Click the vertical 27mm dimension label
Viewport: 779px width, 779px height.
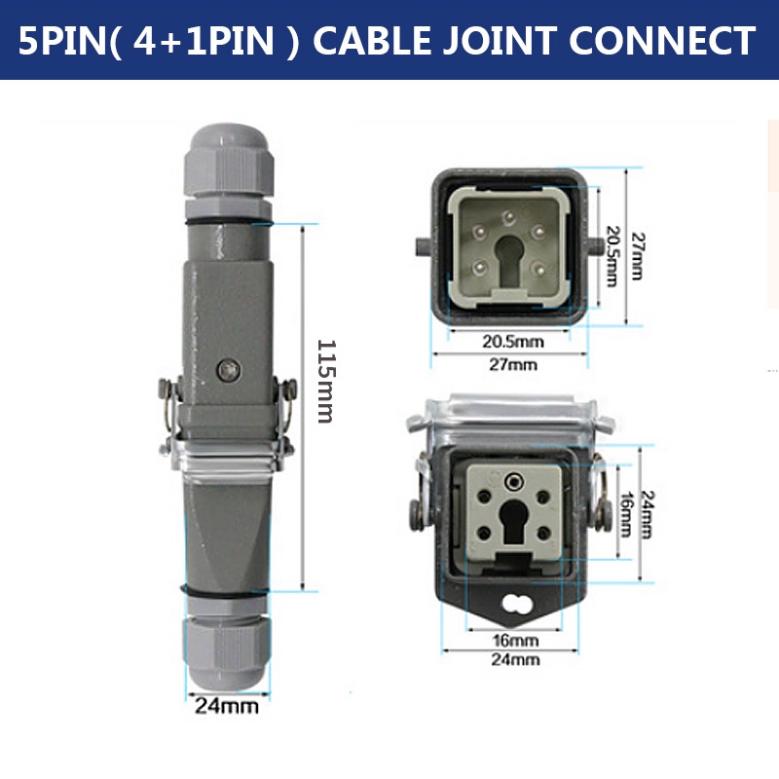pos(637,256)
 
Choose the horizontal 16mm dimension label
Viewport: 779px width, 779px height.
pos(515,641)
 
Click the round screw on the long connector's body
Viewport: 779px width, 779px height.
pos(227,370)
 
